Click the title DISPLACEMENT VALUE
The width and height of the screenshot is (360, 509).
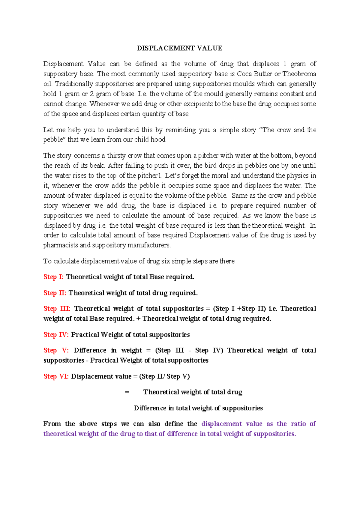tap(179, 48)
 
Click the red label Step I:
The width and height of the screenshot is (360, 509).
tap(53, 277)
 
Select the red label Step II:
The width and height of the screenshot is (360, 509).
tap(55, 293)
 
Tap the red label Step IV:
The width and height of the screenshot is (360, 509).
tap(56, 334)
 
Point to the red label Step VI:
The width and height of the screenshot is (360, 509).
tap(56, 376)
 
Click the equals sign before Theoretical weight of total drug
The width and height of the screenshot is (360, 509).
tap(127, 392)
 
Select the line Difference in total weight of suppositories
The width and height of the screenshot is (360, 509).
tap(198, 408)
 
